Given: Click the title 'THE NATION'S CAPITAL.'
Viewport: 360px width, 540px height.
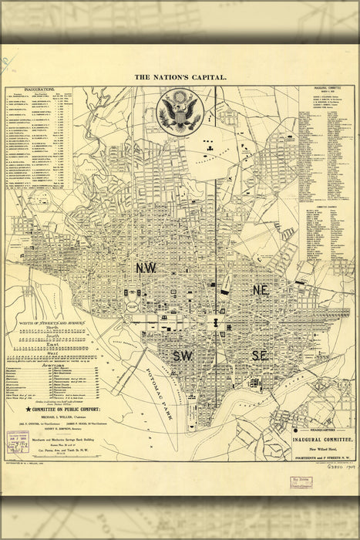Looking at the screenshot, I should click(180, 77).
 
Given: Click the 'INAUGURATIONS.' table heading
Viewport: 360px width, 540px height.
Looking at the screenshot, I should click(38, 89).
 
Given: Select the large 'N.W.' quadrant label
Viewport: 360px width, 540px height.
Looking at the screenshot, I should click(146, 268).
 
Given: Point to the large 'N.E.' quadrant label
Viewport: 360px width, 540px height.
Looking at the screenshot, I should click(261, 289).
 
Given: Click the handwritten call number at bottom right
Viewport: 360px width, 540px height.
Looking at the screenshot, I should click(328, 487).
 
